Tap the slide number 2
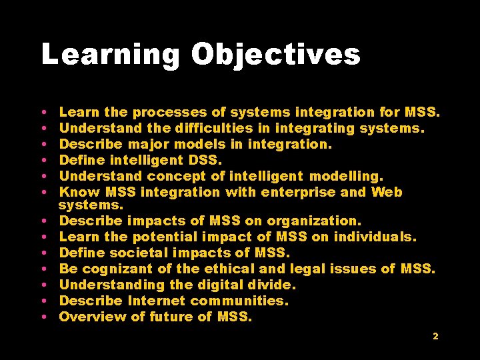pos(435,337)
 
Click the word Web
pos(387,192)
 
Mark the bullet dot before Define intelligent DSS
pos(43,161)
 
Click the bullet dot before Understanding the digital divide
pos(43,285)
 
